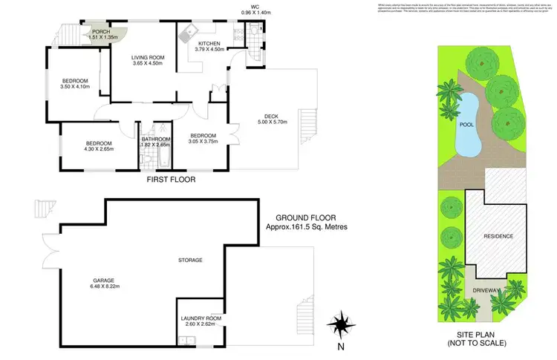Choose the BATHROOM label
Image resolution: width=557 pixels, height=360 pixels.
coord(156,139)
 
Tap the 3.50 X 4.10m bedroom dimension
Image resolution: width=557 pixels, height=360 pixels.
coord(75,88)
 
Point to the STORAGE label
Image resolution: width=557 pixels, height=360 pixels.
coord(190,260)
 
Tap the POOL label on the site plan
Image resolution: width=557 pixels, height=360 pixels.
coord(466,125)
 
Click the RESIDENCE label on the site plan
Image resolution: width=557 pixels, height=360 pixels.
coord(498,236)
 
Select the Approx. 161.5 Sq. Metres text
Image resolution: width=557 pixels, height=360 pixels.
coord(307,226)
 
